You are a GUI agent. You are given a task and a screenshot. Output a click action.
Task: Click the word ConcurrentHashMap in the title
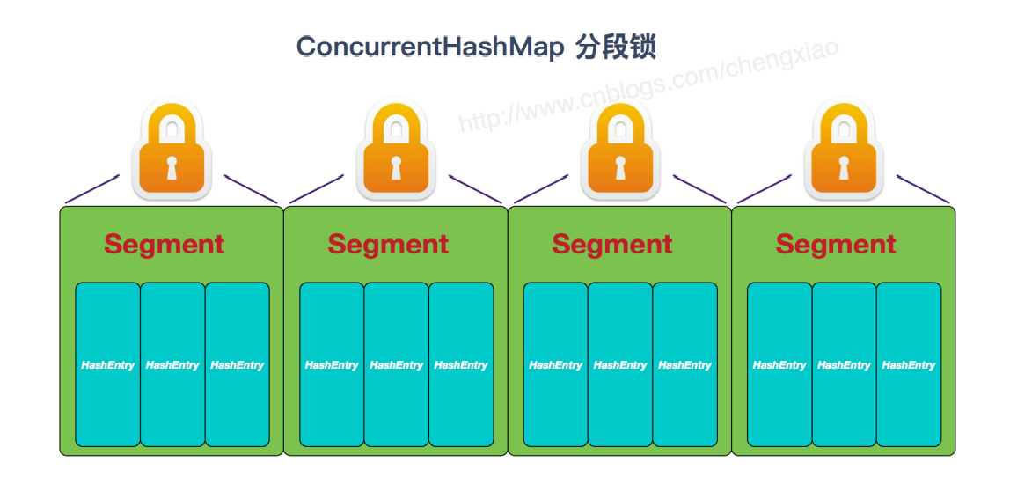[x=430, y=47]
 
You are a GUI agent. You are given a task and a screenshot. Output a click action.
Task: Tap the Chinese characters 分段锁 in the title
[x=616, y=47]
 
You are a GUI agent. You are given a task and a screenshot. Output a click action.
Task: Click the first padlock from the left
[x=172, y=150]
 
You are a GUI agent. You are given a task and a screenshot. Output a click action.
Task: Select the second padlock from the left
[x=396, y=150]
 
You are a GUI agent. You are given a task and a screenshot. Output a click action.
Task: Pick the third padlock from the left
[x=620, y=150]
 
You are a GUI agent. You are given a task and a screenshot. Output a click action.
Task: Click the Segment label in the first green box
[x=165, y=244]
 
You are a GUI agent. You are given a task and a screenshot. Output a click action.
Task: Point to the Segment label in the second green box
[x=388, y=244]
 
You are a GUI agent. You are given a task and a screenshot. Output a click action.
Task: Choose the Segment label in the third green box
[x=612, y=244]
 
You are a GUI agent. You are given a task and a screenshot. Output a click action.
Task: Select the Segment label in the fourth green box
[x=836, y=244]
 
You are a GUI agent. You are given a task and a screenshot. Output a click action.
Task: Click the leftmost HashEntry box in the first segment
[x=107, y=364]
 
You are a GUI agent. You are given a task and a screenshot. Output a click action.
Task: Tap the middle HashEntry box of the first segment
[x=172, y=364]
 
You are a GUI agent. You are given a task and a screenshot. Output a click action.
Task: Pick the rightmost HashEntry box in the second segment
[x=461, y=364]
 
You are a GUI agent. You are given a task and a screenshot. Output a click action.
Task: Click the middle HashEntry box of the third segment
[x=620, y=364]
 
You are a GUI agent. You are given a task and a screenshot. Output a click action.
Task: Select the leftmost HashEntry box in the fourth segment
[x=779, y=364]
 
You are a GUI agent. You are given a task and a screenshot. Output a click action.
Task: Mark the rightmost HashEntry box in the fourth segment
[x=909, y=364]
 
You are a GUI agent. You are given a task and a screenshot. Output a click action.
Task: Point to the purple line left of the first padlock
[x=91, y=188]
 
